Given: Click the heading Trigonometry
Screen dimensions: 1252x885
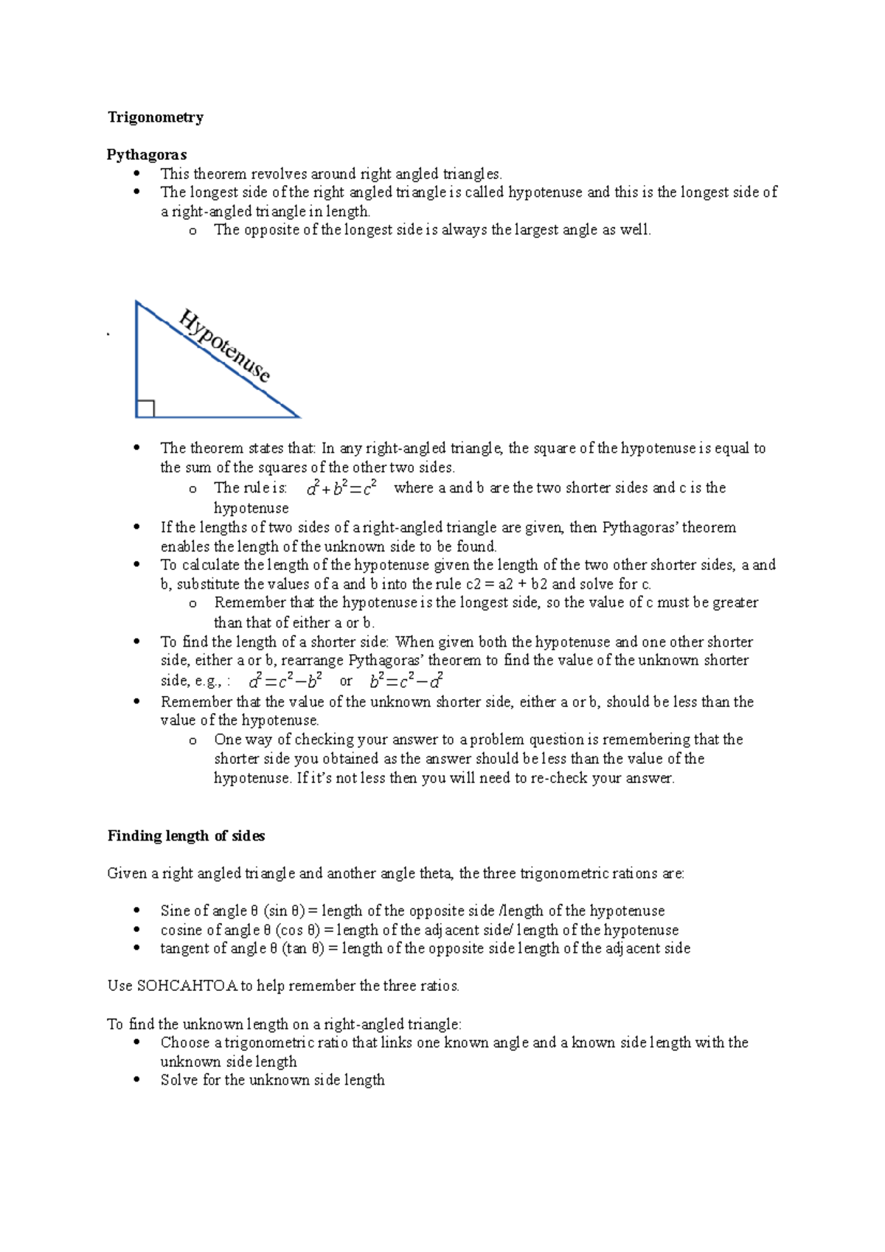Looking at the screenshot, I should point(156,117).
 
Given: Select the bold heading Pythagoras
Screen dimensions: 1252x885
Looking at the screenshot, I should point(147,155).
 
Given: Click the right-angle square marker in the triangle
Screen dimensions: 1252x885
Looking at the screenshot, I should point(145,408).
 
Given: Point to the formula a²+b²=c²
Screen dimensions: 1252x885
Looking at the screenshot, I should point(342,487).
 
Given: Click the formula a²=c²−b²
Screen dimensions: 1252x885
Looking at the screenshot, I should point(285,680).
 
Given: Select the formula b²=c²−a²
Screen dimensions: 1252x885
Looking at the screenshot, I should point(406,680).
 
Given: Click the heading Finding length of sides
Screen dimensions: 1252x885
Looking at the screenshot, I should point(186,836).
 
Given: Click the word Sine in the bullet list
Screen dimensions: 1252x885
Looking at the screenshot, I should point(176,911).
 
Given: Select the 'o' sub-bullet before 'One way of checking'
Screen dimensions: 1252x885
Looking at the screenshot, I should point(192,740).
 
